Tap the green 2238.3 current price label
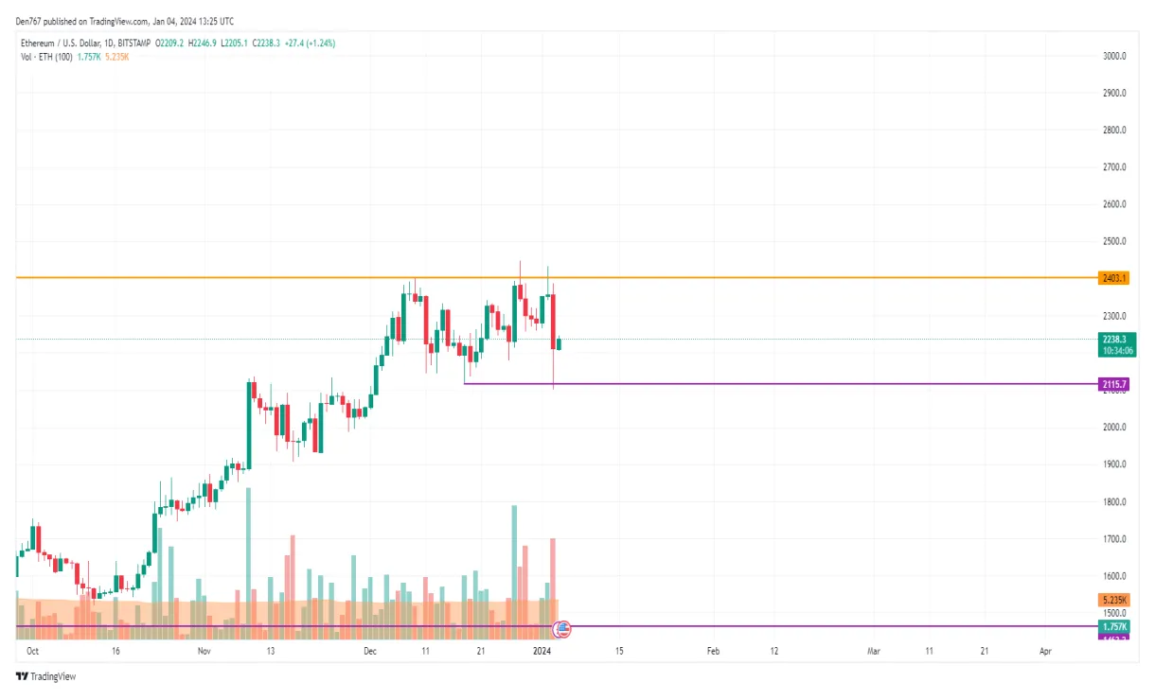[1115, 339]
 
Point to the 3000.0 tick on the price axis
[1114, 56]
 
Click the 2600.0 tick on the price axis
[1114, 204]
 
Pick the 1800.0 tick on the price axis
[1114, 502]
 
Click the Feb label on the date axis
[713, 652]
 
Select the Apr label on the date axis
[1045, 652]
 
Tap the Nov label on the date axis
[204, 652]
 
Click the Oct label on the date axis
[32, 652]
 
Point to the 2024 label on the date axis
[542, 652]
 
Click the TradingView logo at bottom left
[46, 676]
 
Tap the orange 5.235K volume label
[1114, 601]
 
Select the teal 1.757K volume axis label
[1114, 626]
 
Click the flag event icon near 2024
[561, 627]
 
